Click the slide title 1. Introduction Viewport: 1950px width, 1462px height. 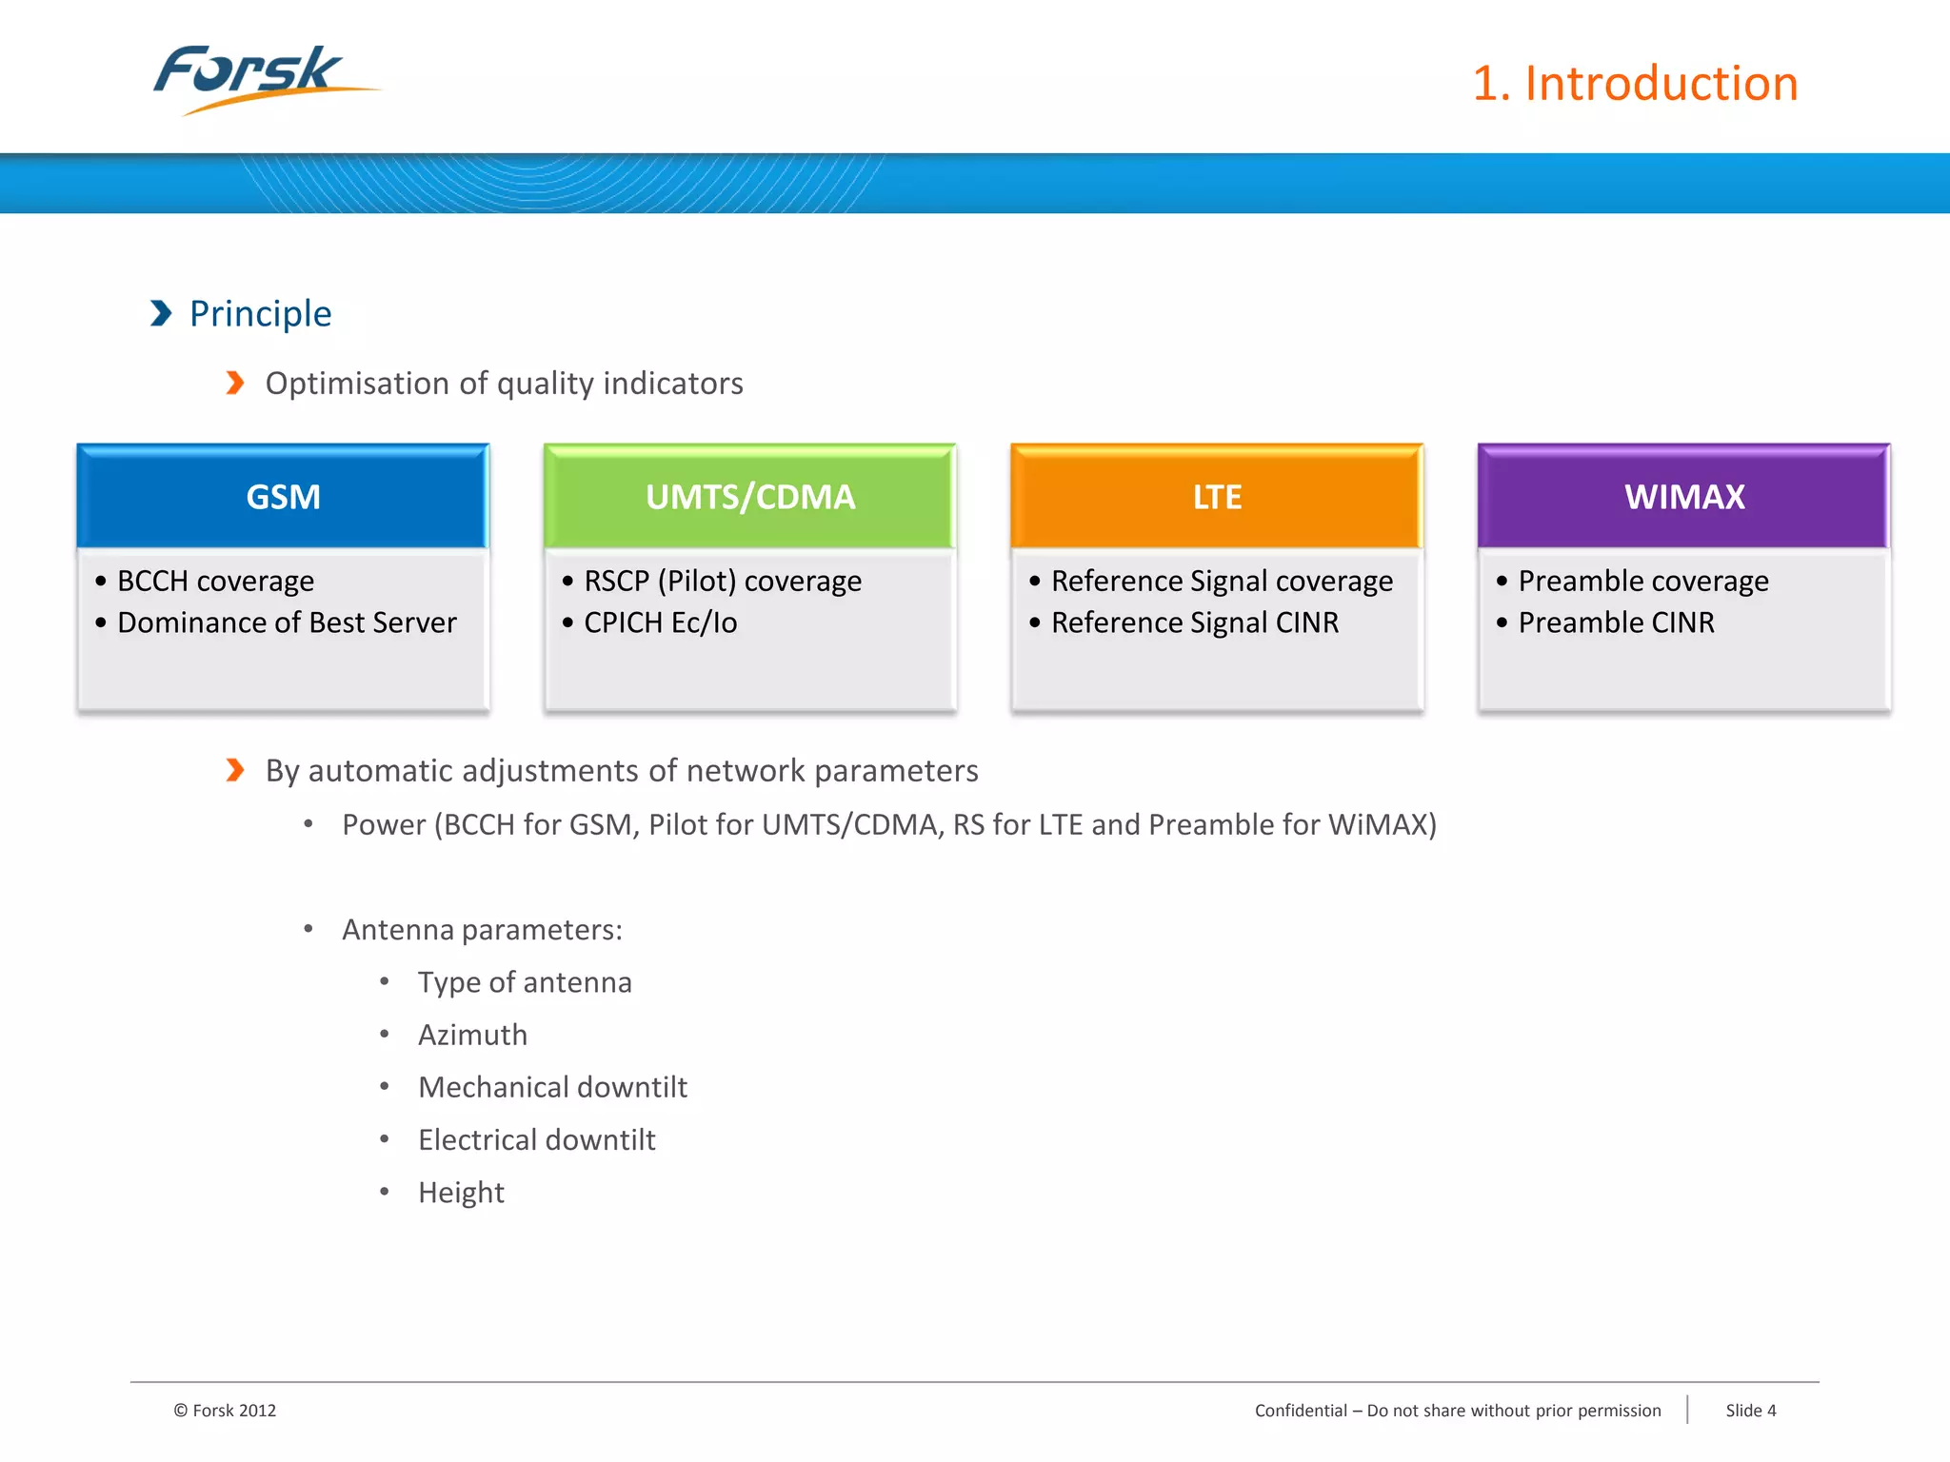point(1635,84)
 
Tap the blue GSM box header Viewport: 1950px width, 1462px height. point(283,497)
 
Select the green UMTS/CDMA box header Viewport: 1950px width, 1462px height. point(749,497)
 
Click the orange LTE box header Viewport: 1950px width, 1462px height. point(1217,497)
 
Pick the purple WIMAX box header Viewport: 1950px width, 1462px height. point(1683,497)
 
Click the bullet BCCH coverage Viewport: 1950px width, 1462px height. point(215,582)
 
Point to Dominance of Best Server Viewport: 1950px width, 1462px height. point(287,623)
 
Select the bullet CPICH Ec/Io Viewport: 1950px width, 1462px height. point(660,623)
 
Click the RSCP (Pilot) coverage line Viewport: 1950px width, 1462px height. point(722,582)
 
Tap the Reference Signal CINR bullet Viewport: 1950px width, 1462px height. point(1194,623)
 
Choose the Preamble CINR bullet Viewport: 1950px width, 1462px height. point(1616,623)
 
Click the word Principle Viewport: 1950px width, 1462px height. point(260,314)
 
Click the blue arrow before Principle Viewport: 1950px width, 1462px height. point(161,313)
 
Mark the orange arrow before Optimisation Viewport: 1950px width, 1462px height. point(235,383)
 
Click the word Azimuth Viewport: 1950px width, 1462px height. point(472,1036)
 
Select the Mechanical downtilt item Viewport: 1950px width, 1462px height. point(552,1088)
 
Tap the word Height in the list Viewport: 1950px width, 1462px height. point(461,1193)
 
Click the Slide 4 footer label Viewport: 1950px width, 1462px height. point(1750,1411)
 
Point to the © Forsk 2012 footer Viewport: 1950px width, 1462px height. point(225,1411)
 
